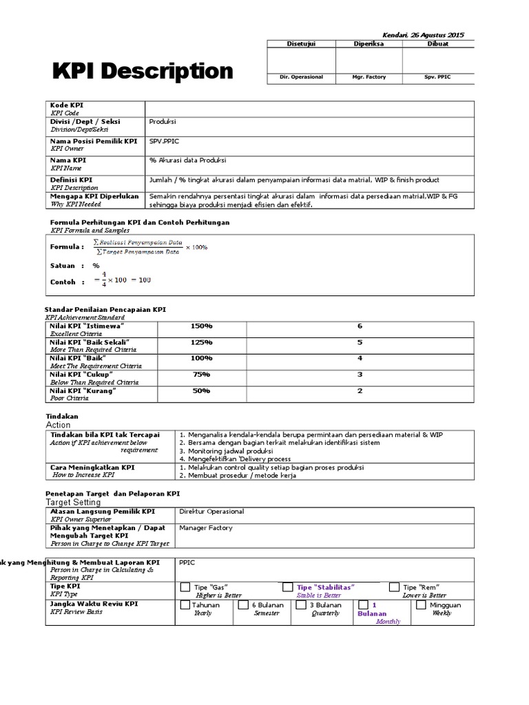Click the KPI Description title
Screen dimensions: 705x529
click(143, 71)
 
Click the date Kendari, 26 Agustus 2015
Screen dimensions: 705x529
click(423, 34)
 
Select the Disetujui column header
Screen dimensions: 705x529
click(301, 43)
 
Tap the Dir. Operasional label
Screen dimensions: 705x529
click(301, 77)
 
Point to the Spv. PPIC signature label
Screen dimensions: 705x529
click(437, 77)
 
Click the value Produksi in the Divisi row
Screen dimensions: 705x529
click(163, 121)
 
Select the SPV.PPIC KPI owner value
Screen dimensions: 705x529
click(164, 140)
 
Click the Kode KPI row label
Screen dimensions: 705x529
click(67, 105)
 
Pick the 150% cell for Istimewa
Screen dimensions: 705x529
click(201, 326)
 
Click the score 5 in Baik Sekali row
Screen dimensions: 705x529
click(360, 342)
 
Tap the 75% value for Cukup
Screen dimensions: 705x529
click(201, 374)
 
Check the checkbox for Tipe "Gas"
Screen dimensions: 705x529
click(185, 587)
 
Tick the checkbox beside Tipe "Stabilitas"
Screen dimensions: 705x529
click(287, 587)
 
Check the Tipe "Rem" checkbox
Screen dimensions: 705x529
click(393, 587)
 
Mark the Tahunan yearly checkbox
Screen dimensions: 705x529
click(185, 605)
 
